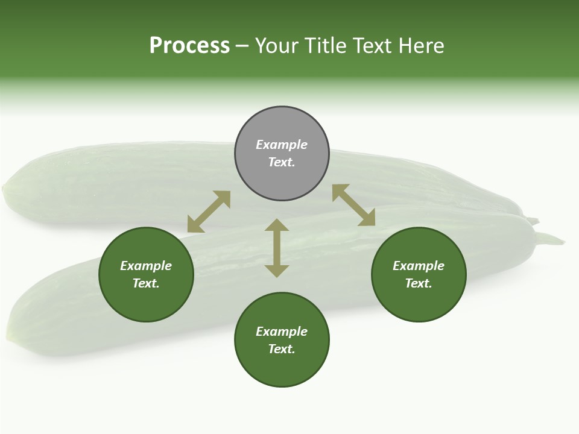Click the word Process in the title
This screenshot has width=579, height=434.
(189, 45)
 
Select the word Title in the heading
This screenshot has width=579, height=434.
(329, 45)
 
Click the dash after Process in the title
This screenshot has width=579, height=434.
(242, 46)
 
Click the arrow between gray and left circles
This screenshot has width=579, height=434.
(209, 212)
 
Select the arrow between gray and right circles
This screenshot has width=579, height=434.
(353, 205)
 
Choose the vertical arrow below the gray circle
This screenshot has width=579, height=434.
(277, 248)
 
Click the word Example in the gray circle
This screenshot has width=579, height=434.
(282, 145)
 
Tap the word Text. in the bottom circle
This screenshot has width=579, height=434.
(282, 349)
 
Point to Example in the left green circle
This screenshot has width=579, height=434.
(146, 266)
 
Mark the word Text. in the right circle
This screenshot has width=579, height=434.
(419, 283)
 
